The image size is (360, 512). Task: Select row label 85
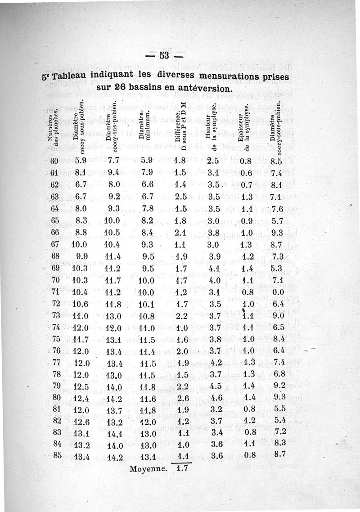[x=57, y=455]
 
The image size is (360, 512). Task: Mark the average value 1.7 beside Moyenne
[x=182, y=468]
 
